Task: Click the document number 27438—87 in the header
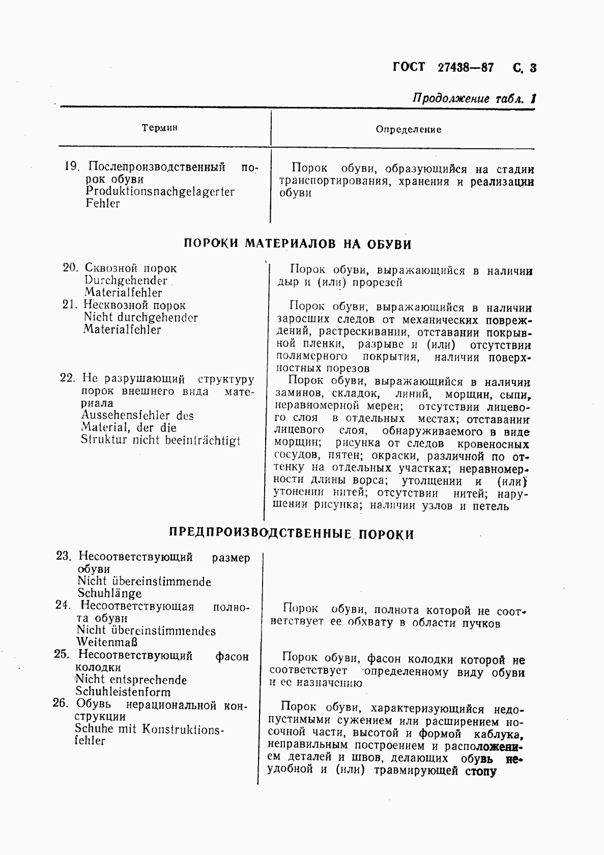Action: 465,68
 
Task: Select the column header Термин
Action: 160,128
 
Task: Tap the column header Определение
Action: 409,129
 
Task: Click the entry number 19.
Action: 71,167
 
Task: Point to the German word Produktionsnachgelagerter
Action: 160,191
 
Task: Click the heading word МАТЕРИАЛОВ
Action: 291,244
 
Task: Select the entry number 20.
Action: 70,268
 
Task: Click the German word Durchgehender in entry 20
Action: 126,281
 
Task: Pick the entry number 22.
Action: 68,378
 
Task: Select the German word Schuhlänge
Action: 109,593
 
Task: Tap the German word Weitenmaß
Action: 107,643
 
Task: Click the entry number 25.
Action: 61,654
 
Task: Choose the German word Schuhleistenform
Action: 123,692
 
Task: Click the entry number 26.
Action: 60,704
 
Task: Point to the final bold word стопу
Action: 480,770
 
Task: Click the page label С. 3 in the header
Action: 525,68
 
